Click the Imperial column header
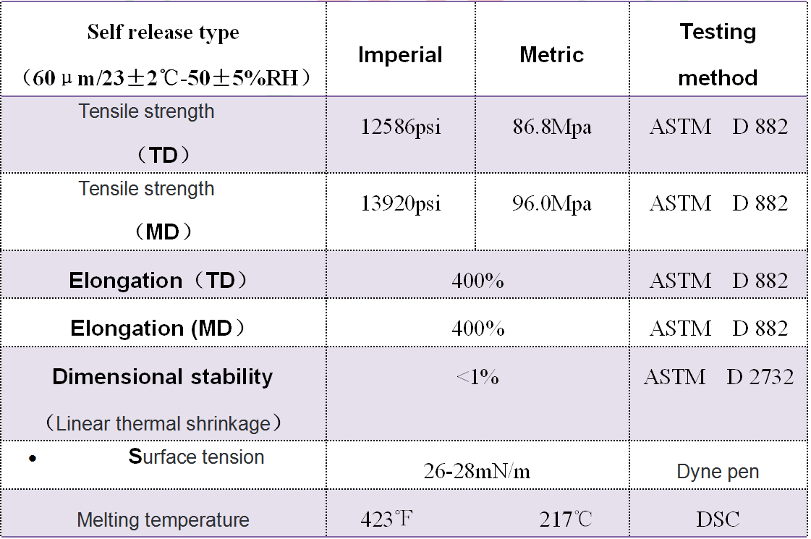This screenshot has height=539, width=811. click(x=400, y=55)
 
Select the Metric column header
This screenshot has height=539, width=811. click(x=551, y=55)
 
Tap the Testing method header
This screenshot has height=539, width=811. click(x=718, y=54)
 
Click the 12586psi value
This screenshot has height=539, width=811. click(x=401, y=127)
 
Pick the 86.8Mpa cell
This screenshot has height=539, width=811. click(x=552, y=127)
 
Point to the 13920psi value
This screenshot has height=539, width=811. click(x=401, y=204)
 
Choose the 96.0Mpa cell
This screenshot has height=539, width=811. click(x=552, y=204)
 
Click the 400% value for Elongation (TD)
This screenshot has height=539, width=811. click(x=477, y=280)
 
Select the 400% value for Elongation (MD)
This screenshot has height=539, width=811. click(x=477, y=328)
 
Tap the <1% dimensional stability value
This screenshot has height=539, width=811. click(x=477, y=377)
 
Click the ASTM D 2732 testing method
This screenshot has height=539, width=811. click(x=718, y=377)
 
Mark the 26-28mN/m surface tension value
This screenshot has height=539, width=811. click(x=477, y=472)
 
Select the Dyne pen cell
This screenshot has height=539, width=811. click(x=718, y=472)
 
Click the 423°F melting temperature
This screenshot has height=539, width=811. click(x=387, y=519)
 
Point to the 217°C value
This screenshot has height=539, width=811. click(x=566, y=519)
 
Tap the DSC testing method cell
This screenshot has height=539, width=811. click(x=718, y=519)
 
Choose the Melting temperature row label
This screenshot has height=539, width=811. click(x=163, y=519)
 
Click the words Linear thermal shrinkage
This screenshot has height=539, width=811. click(x=163, y=423)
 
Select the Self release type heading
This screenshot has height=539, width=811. click(x=163, y=33)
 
